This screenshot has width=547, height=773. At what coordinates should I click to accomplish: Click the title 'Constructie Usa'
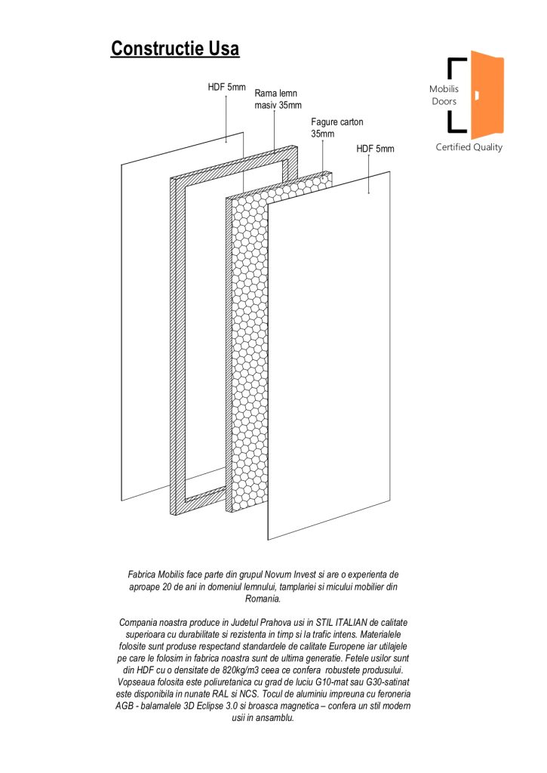coord(175,49)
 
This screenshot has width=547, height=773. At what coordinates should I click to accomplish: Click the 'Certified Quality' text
coord(469,147)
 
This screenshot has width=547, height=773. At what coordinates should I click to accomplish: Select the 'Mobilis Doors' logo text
coord(444,96)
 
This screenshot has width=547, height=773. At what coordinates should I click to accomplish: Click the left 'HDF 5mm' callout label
coord(227,88)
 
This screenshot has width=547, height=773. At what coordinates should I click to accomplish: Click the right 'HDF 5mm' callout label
coord(375,149)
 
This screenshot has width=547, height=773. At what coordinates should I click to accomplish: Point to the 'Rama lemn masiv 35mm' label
coord(278,99)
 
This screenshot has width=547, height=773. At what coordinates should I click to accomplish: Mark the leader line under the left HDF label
coord(226,117)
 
